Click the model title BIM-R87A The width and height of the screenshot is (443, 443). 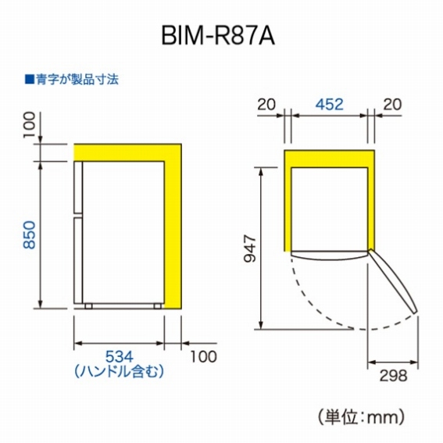click(218, 36)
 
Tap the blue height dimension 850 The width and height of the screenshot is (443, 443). click(30, 235)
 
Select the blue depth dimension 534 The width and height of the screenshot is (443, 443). click(119, 356)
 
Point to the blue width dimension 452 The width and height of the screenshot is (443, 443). click(330, 104)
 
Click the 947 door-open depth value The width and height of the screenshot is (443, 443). click(250, 248)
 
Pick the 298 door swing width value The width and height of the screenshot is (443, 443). click(393, 376)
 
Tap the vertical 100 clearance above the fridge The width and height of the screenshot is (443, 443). click(30, 125)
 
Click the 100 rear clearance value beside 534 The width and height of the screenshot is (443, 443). click(203, 356)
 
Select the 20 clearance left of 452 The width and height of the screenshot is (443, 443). click(266, 104)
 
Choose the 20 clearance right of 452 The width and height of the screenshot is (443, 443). click(392, 104)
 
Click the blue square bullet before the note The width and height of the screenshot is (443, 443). click(30, 80)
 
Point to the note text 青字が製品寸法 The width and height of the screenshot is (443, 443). click(77, 80)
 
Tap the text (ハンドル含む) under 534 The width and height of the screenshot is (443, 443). click(119, 371)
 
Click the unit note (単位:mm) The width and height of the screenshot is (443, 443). click(361, 417)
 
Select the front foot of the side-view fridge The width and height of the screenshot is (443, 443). click(88, 306)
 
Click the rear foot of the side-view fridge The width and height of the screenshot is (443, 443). click(158, 306)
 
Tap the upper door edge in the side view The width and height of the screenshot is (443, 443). click(78, 187)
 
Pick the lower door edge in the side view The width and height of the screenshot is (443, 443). click(78, 260)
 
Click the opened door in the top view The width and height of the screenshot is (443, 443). click(392, 281)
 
